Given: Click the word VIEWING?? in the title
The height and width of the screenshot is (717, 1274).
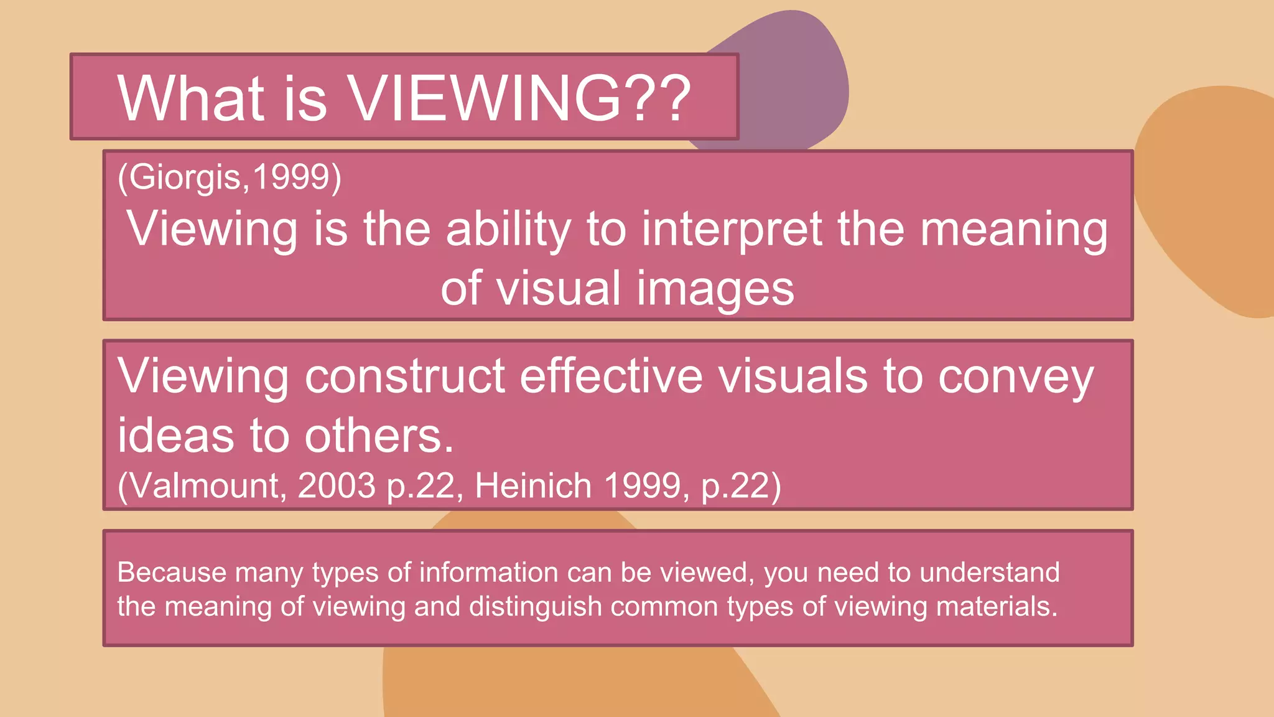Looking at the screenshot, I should (x=518, y=98).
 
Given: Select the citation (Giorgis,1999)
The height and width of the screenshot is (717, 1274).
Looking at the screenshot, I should (x=230, y=177).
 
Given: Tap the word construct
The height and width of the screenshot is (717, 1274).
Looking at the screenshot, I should (x=404, y=376).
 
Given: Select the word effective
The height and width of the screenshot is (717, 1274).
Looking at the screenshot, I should (x=611, y=376).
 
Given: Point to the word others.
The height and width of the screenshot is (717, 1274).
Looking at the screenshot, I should (x=379, y=435).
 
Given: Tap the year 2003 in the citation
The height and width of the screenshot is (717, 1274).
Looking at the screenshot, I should (x=337, y=485).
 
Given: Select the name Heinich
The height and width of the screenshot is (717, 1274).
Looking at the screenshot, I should (x=533, y=485).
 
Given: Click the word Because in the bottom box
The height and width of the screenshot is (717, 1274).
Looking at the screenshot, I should (x=172, y=573).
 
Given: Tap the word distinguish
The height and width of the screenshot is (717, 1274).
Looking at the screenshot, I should (x=535, y=607).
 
